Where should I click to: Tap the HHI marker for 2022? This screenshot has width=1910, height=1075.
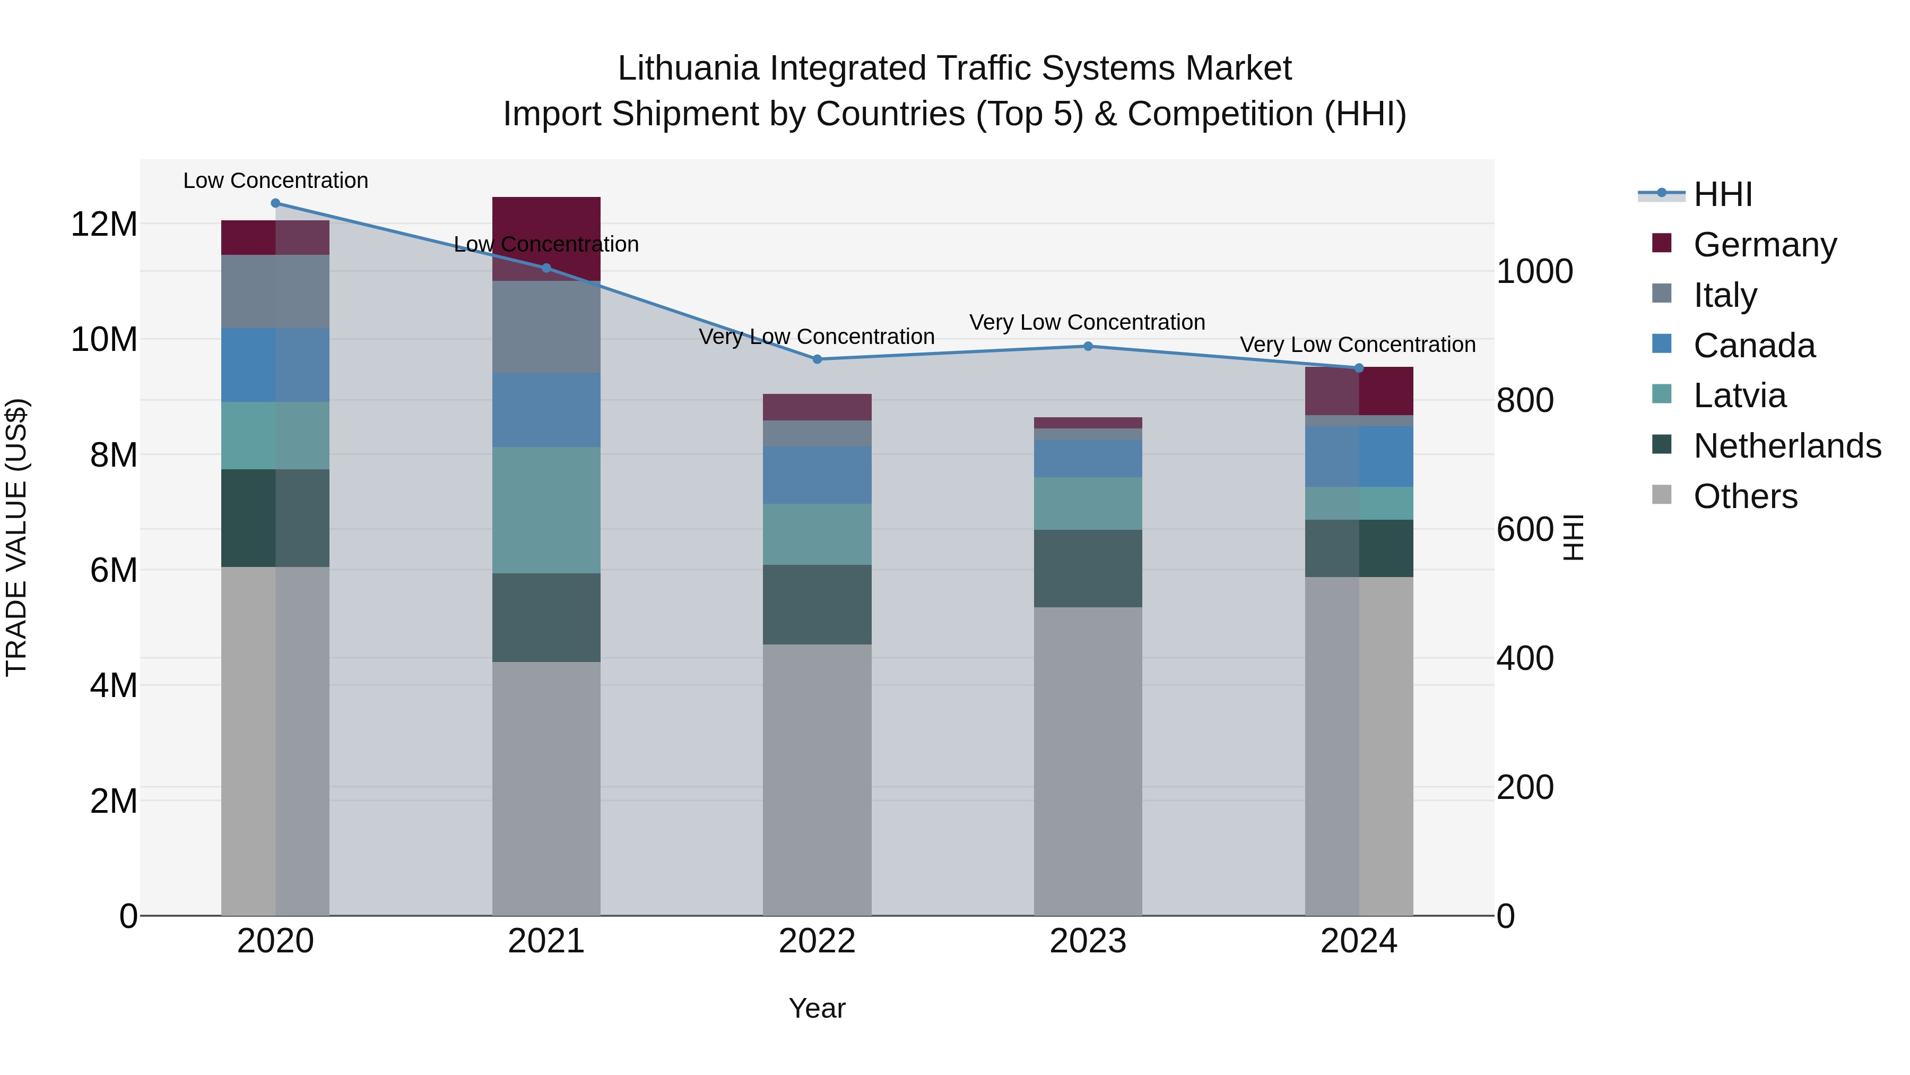(817, 359)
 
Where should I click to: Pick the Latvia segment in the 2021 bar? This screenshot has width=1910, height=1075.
(546, 510)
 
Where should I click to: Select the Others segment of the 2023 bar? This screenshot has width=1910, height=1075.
(1088, 760)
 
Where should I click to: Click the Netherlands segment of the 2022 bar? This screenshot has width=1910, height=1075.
(817, 604)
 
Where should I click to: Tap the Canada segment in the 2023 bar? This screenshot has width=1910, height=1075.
(1088, 458)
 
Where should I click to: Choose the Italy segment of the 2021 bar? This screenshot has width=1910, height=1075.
(546, 326)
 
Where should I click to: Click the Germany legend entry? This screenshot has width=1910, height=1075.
(1765, 245)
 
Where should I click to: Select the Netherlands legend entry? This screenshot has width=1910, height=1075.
(1787, 446)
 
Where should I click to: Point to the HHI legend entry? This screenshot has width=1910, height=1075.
(1722, 194)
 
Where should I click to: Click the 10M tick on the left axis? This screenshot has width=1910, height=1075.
(104, 339)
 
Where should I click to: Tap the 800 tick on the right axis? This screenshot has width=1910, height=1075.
(1524, 401)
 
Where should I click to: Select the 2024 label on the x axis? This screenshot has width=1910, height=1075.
(1358, 941)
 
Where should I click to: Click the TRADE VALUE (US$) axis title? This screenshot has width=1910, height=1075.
(17, 537)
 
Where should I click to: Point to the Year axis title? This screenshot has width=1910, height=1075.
(817, 1008)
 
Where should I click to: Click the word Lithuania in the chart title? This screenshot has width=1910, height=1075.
(688, 68)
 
